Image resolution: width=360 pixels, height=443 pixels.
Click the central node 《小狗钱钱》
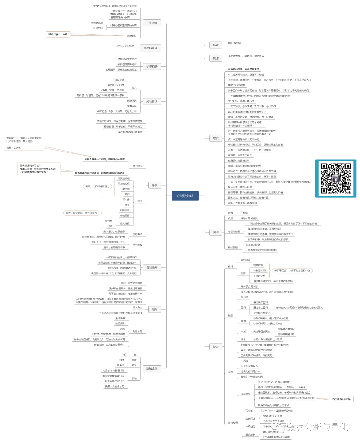185,196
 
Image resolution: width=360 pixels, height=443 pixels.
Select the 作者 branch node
216,45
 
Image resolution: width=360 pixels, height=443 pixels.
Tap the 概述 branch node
216,58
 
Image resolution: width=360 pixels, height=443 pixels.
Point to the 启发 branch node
216,138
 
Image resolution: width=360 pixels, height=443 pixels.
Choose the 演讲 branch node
216,232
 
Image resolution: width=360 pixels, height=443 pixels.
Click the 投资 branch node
216,347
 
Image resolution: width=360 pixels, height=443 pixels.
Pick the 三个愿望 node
152,23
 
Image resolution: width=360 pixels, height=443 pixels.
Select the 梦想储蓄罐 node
150,48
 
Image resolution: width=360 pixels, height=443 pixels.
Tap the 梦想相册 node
152,67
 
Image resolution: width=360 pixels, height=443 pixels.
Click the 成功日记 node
152,102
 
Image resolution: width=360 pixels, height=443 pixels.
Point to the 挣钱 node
155,185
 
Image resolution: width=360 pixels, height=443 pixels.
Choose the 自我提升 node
152,267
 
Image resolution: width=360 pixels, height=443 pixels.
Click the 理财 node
155,309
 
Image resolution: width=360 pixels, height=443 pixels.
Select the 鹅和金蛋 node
152,369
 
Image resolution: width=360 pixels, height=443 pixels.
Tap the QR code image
336,178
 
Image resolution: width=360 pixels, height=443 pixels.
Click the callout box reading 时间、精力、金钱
58,34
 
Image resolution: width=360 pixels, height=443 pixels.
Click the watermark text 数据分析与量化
317,427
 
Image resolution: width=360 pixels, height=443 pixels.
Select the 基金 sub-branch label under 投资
230,372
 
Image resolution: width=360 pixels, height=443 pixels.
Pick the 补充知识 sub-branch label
233,423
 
